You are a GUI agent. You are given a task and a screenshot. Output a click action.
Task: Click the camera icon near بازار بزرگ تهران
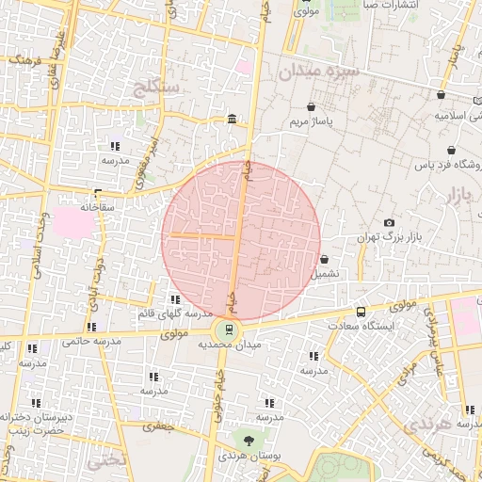coord(389,223)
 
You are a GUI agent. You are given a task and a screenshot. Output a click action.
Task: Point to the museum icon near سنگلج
coord(232,119)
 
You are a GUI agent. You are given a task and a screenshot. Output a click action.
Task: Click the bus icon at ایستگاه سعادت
coord(362,312)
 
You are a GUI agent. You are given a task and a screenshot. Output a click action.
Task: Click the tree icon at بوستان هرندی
coord(248,441)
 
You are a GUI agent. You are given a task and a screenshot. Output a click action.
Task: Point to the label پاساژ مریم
coord(312,121)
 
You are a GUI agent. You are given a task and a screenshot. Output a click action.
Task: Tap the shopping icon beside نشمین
coord(325,260)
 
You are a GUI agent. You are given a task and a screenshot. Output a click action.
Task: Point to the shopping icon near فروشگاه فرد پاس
coord(453,151)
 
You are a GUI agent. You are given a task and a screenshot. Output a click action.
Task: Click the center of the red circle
coord(241,241)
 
